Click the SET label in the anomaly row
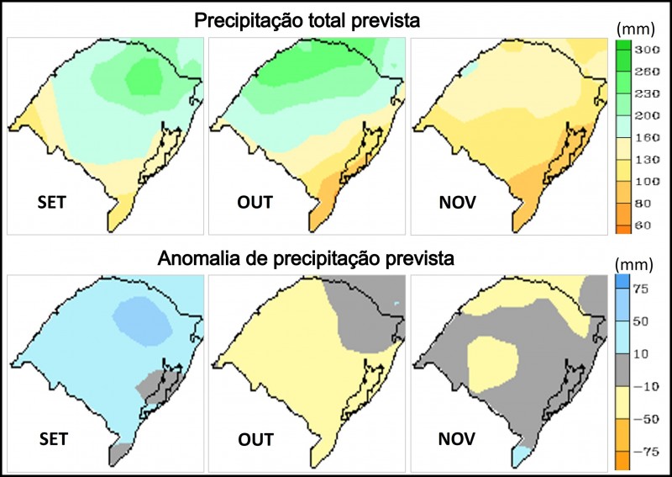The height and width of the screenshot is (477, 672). pyautogui.click(x=53, y=438)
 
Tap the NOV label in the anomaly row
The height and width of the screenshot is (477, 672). pyautogui.click(x=457, y=438)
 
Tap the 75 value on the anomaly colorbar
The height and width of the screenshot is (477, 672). pyautogui.click(x=643, y=289)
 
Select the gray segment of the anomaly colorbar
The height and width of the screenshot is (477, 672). pyautogui.click(x=622, y=370)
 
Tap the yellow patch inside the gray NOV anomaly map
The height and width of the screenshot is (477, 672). pyautogui.click(x=491, y=363)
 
